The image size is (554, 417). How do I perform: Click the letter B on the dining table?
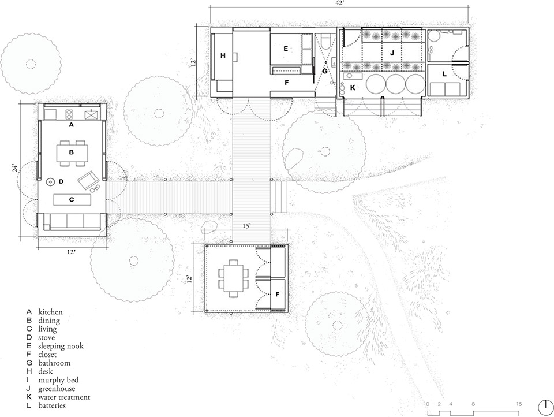click(71, 153)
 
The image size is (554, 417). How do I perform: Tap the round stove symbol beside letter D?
click(51, 181)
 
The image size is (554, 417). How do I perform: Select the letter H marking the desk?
click(222, 56)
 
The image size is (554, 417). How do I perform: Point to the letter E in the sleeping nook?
click(285, 50)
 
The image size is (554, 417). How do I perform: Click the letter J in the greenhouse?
click(392, 53)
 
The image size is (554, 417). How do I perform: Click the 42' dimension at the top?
click(339, 3)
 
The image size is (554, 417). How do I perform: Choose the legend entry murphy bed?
click(59, 380)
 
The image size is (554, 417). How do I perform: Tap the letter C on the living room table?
click(72, 200)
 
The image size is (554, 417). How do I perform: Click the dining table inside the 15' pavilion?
click(233, 278)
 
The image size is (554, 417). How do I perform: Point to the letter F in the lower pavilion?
click(278, 295)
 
